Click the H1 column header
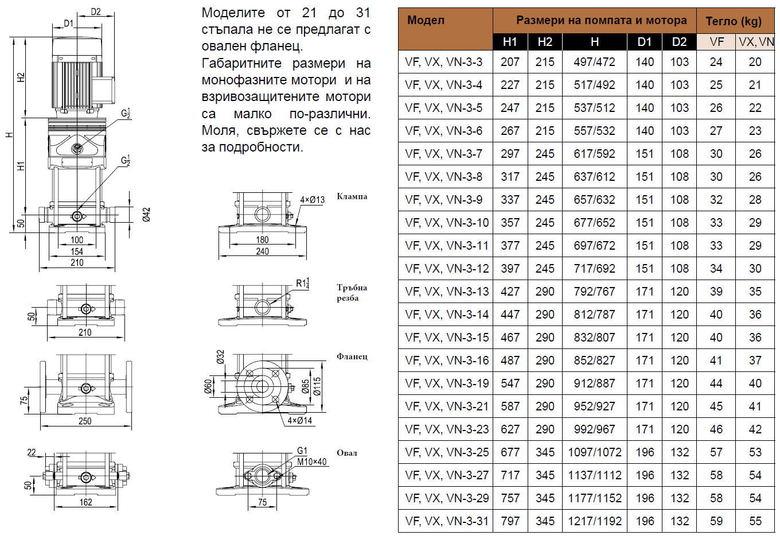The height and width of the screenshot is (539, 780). [x=510, y=42]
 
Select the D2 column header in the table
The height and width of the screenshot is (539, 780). [x=679, y=42]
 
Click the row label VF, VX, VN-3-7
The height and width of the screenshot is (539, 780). [x=444, y=154]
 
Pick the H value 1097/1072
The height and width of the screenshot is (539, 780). [x=594, y=452]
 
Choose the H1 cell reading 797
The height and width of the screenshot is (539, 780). [x=510, y=521]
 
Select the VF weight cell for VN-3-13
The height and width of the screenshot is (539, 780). [x=716, y=292]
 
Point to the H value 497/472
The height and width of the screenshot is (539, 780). [x=594, y=62]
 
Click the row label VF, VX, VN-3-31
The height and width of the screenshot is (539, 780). [x=447, y=521]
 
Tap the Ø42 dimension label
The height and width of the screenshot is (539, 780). [x=147, y=215]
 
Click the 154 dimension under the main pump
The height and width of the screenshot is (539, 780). [x=77, y=251]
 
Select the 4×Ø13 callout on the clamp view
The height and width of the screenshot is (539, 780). [x=313, y=200]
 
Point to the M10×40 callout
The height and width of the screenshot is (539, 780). [x=311, y=462]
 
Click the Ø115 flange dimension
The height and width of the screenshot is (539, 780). [x=317, y=387]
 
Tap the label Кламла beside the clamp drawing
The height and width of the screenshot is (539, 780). [x=352, y=196]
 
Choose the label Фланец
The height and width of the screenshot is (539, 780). [x=352, y=356]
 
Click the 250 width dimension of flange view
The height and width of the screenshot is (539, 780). [x=85, y=421]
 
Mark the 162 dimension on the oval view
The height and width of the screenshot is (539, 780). [x=85, y=502]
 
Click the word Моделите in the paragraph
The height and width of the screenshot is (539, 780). [x=233, y=13]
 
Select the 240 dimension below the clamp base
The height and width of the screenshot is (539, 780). [x=262, y=251]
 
